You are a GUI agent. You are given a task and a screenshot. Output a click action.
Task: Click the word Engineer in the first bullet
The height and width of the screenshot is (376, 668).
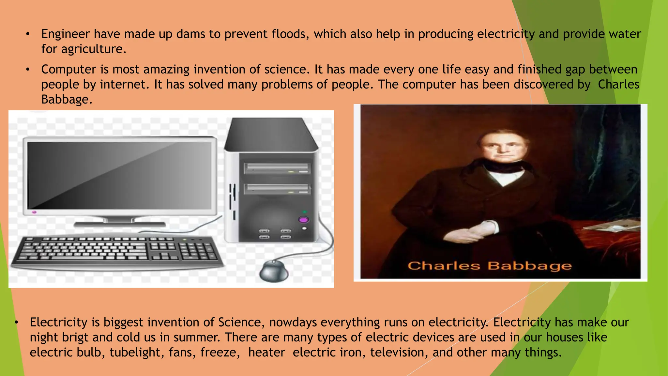65,34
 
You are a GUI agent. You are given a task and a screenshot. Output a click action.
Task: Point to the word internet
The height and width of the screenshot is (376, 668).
123,85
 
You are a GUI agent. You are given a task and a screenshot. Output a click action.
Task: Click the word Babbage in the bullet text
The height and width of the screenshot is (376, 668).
67,100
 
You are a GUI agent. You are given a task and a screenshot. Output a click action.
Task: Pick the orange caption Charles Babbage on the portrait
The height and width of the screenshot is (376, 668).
490,266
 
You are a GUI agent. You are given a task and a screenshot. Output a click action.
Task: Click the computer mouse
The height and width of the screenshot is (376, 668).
274,271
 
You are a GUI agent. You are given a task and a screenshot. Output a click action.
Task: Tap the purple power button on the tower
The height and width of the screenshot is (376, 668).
303,219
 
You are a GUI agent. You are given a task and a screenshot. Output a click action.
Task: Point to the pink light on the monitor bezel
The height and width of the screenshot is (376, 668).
34,212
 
